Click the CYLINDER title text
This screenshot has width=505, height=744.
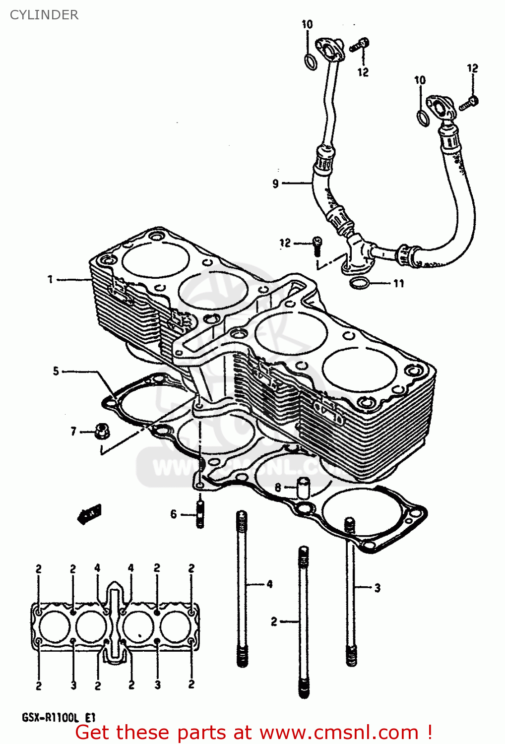click(44, 15)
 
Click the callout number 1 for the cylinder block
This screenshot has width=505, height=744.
click(50, 280)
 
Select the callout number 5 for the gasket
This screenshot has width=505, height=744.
click(56, 371)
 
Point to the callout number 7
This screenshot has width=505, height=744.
click(73, 432)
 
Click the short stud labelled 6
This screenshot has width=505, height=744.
click(200, 515)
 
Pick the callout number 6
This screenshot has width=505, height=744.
click(174, 514)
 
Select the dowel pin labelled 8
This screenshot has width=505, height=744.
click(303, 487)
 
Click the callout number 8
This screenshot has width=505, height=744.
click(278, 488)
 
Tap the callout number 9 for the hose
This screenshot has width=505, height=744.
click(276, 184)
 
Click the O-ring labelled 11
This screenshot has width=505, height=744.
click(359, 284)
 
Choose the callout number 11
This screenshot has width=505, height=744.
click(399, 284)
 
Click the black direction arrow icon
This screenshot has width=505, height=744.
click(90, 514)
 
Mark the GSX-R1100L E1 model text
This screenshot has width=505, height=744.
click(59, 718)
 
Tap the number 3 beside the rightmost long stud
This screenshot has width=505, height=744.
click(378, 588)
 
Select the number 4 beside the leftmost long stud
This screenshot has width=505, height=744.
click(269, 584)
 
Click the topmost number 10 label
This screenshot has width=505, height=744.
click(307, 24)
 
